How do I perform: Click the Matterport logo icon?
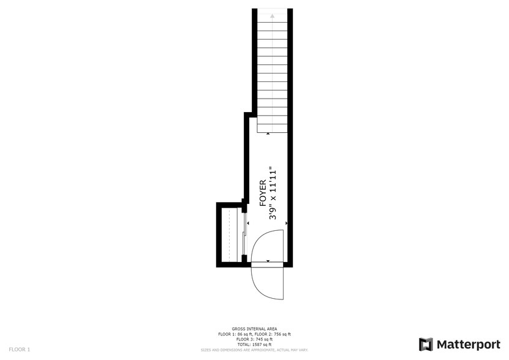pyautogui.click(x=426, y=344)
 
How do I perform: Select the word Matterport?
pyautogui.click(x=468, y=344)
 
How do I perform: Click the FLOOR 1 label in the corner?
pyautogui.click(x=19, y=349)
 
